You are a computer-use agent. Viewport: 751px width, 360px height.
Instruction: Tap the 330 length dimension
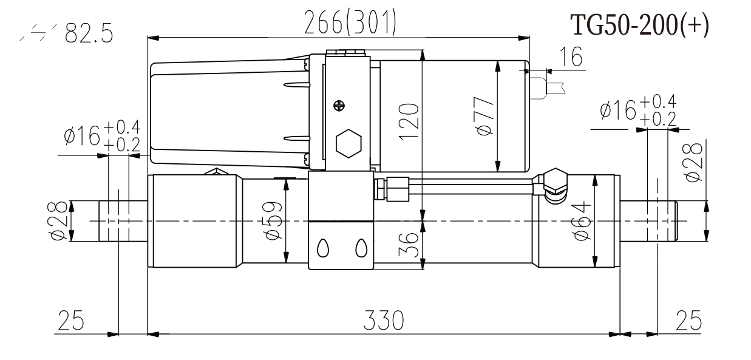click(x=383, y=320)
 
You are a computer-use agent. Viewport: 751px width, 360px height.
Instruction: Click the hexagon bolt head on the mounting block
click(x=348, y=143)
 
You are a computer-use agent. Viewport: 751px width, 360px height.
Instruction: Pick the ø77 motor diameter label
click(x=485, y=116)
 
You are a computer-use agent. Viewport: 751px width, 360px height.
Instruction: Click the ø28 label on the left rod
click(x=59, y=222)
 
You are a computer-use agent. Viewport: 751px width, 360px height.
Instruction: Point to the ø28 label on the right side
click(x=692, y=161)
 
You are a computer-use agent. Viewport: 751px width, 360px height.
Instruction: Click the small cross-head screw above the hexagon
click(x=338, y=104)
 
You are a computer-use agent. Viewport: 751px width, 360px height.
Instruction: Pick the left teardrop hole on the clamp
click(x=324, y=247)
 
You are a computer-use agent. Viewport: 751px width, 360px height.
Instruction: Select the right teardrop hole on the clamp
click(x=361, y=247)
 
